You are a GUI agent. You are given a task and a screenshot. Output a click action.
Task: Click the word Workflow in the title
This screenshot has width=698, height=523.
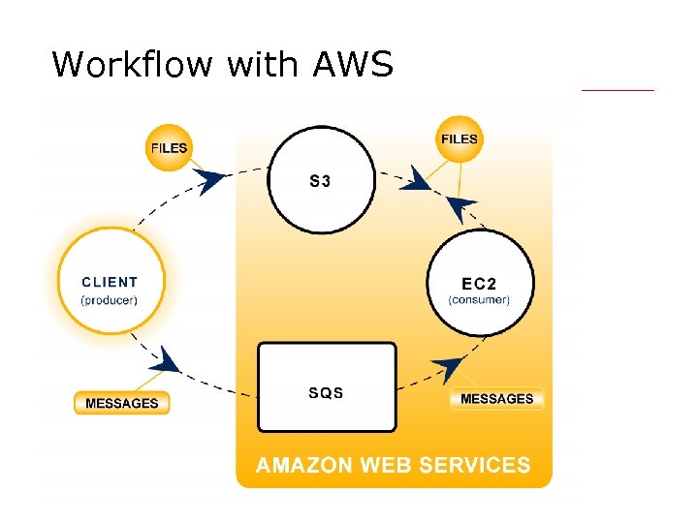[134, 65]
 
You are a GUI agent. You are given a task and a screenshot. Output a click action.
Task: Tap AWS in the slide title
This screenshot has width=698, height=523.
[353, 65]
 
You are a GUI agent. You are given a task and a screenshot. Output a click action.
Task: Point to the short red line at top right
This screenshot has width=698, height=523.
[618, 90]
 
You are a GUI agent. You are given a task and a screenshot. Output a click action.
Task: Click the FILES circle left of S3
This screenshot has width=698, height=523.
[170, 148]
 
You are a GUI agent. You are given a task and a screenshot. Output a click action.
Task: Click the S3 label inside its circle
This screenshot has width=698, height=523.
[320, 181]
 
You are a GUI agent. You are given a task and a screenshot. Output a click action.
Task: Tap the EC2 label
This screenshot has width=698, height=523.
[479, 284]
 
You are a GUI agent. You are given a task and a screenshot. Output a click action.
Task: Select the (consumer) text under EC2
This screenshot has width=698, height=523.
[479, 300]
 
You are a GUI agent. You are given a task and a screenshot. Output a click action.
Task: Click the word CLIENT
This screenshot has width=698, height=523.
[110, 283]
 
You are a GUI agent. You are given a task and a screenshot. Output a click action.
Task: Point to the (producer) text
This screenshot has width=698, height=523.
[110, 300]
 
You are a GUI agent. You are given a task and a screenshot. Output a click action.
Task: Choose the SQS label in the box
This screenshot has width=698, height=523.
[326, 393]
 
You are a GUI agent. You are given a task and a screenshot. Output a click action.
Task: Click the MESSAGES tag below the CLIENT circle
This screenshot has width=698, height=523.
[122, 403]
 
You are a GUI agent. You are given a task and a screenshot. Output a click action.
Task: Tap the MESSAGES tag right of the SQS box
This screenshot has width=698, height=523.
[496, 398]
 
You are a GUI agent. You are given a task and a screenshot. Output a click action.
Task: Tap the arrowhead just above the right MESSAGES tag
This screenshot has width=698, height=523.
[447, 368]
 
